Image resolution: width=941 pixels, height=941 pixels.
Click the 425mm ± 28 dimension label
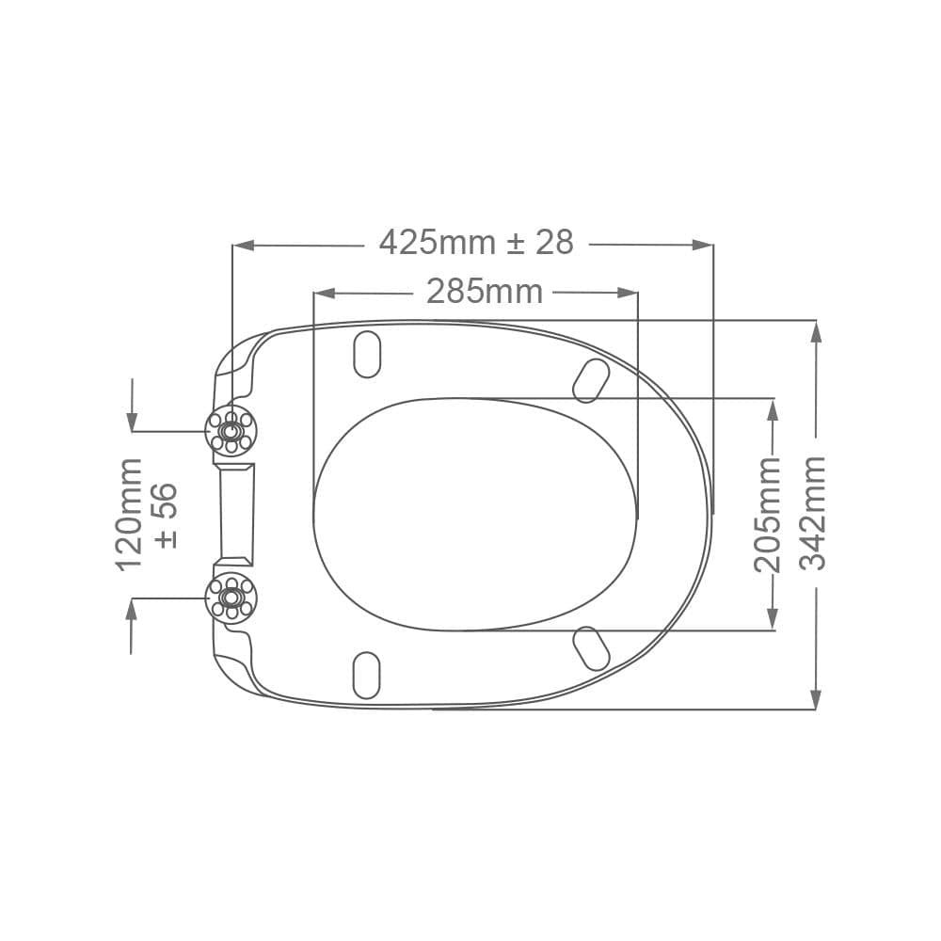[x=476, y=243]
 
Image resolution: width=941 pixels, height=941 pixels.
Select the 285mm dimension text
[x=485, y=292]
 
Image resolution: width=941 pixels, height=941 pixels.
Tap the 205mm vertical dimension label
[x=768, y=514]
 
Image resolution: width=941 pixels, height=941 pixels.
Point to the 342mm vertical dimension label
[x=812, y=513]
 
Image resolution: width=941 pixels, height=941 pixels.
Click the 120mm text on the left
[x=128, y=514]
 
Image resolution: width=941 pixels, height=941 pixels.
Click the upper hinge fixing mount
[x=231, y=431]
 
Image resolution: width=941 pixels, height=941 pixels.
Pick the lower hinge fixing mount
[x=231, y=598]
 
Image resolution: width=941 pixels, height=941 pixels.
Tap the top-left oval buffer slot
[x=366, y=354]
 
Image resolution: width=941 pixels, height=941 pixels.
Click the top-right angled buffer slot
[x=591, y=380]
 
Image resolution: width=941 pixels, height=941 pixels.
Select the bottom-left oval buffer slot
[x=366, y=675]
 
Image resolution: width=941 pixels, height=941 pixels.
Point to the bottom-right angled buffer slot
[x=591, y=648]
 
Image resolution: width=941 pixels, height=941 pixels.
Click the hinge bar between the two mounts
[x=235, y=514]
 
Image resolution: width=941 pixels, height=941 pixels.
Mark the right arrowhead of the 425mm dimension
[x=702, y=245]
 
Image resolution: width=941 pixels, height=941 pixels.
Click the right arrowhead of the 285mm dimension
[x=628, y=293]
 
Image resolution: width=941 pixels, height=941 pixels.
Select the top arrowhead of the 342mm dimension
[x=815, y=332]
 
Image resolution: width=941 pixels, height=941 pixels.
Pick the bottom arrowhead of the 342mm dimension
[x=815, y=698]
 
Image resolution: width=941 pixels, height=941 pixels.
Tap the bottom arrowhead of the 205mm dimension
[x=773, y=618]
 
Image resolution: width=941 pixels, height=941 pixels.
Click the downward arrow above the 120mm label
[x=132, y=420]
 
